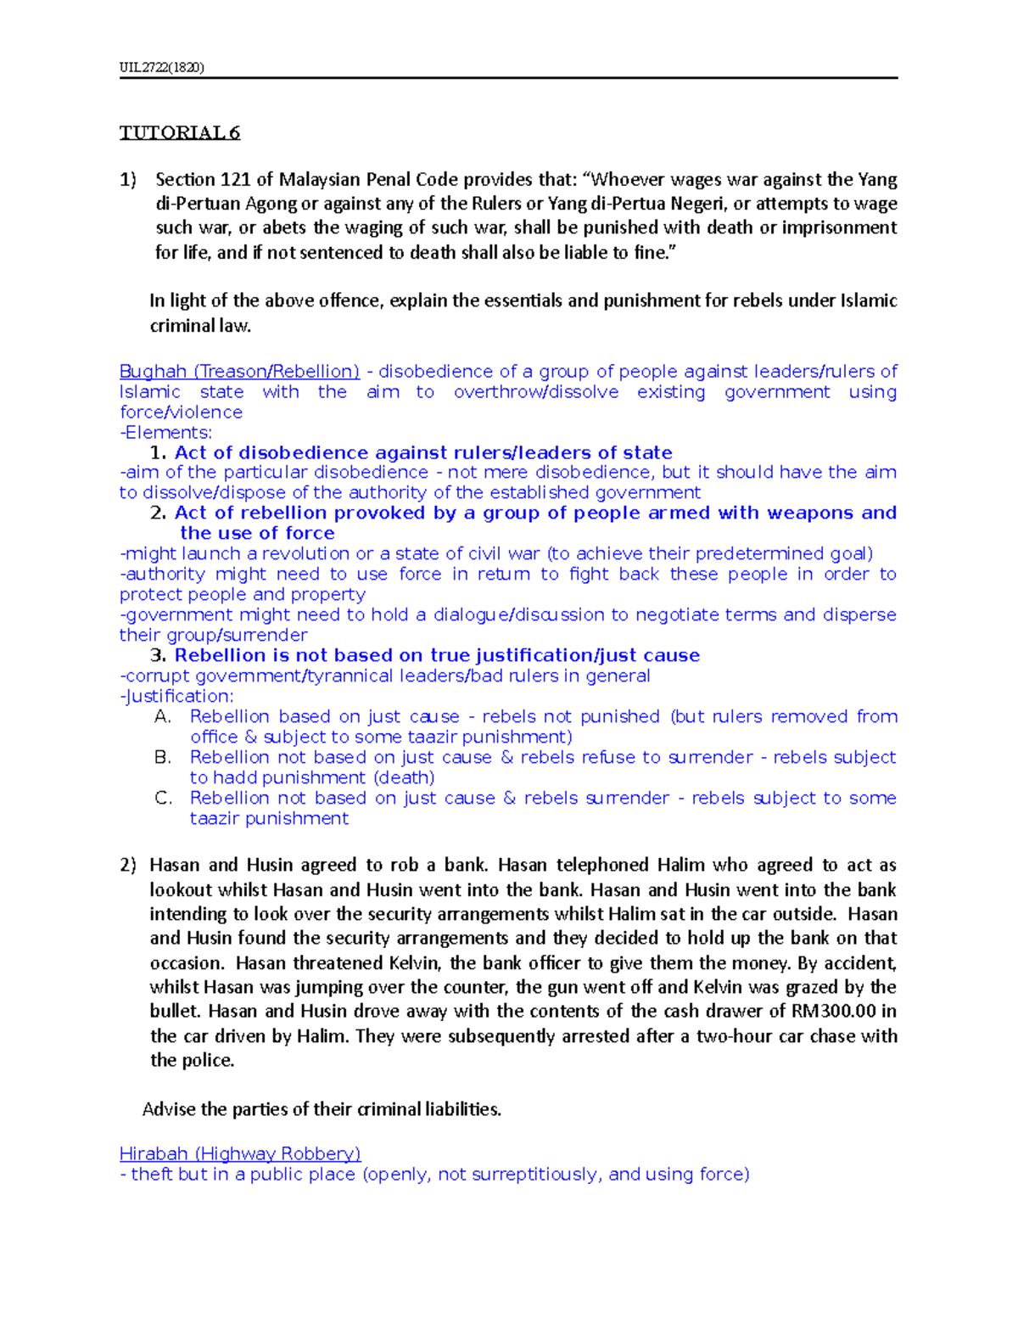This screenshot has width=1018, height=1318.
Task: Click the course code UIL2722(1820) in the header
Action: click(x=161, y=67)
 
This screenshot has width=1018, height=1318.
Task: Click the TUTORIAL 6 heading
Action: click(x=180, y=132)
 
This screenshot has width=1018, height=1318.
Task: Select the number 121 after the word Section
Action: click(x=236, y=179)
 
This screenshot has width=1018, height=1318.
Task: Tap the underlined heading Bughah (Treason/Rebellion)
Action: click(x=239, y=372)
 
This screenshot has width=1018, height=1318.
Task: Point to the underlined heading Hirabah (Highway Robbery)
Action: click(x=240, y=1153)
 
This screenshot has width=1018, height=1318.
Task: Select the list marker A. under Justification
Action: click(x=163, y=716)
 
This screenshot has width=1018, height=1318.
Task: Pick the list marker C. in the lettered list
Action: click(x=163, y=798)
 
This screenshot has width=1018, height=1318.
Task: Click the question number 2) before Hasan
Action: click(x=127, y=865)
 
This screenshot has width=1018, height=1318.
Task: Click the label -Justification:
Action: click(x=176, y=696)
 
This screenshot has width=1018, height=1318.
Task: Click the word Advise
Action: click(x=169, y=1109)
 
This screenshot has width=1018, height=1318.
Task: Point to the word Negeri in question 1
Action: click(x=699, y=204)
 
